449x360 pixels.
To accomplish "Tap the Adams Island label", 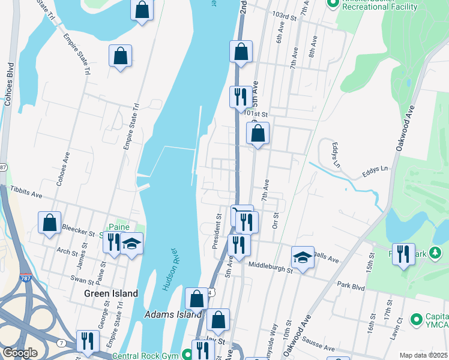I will coord(173,314).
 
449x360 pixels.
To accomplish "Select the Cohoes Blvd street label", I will coord(8,83).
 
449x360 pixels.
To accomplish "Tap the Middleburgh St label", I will coord(270,266).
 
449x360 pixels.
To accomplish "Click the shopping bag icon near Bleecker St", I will coord(49,222).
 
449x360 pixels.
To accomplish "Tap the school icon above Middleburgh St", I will coord(303,257).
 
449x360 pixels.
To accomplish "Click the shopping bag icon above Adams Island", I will coord(196,298).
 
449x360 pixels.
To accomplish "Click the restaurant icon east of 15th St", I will coord(403,253).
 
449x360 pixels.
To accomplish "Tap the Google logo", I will coord(20,353).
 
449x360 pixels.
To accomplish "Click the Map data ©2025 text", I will coord(423,355).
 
